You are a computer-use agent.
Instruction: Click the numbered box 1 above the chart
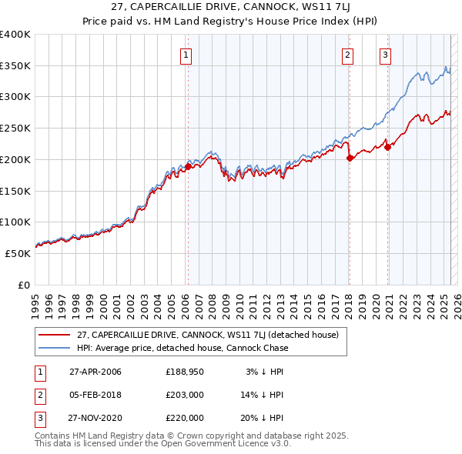click(x=187, y=55)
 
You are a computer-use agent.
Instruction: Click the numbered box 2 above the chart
click(x=348, y=55)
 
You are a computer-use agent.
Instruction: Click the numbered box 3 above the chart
click(x=384, y=55)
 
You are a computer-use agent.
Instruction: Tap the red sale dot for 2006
click(x=188, y=165)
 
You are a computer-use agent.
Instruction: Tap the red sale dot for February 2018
click(x=350, y=157)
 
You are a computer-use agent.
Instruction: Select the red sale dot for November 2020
click(x=387, y=147)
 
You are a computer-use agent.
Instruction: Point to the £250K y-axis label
click(x=15, y=129)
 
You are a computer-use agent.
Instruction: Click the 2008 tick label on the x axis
click(x=212, y=301)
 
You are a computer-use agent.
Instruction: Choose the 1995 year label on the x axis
click(x=35, y=301)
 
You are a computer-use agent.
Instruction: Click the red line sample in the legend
click(x=54, y=335)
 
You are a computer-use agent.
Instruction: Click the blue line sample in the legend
click(x=54, y=348)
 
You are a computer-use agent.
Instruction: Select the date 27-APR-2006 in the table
click(x=95, y=372)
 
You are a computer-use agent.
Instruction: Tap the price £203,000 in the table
click(x=184, y=396)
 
